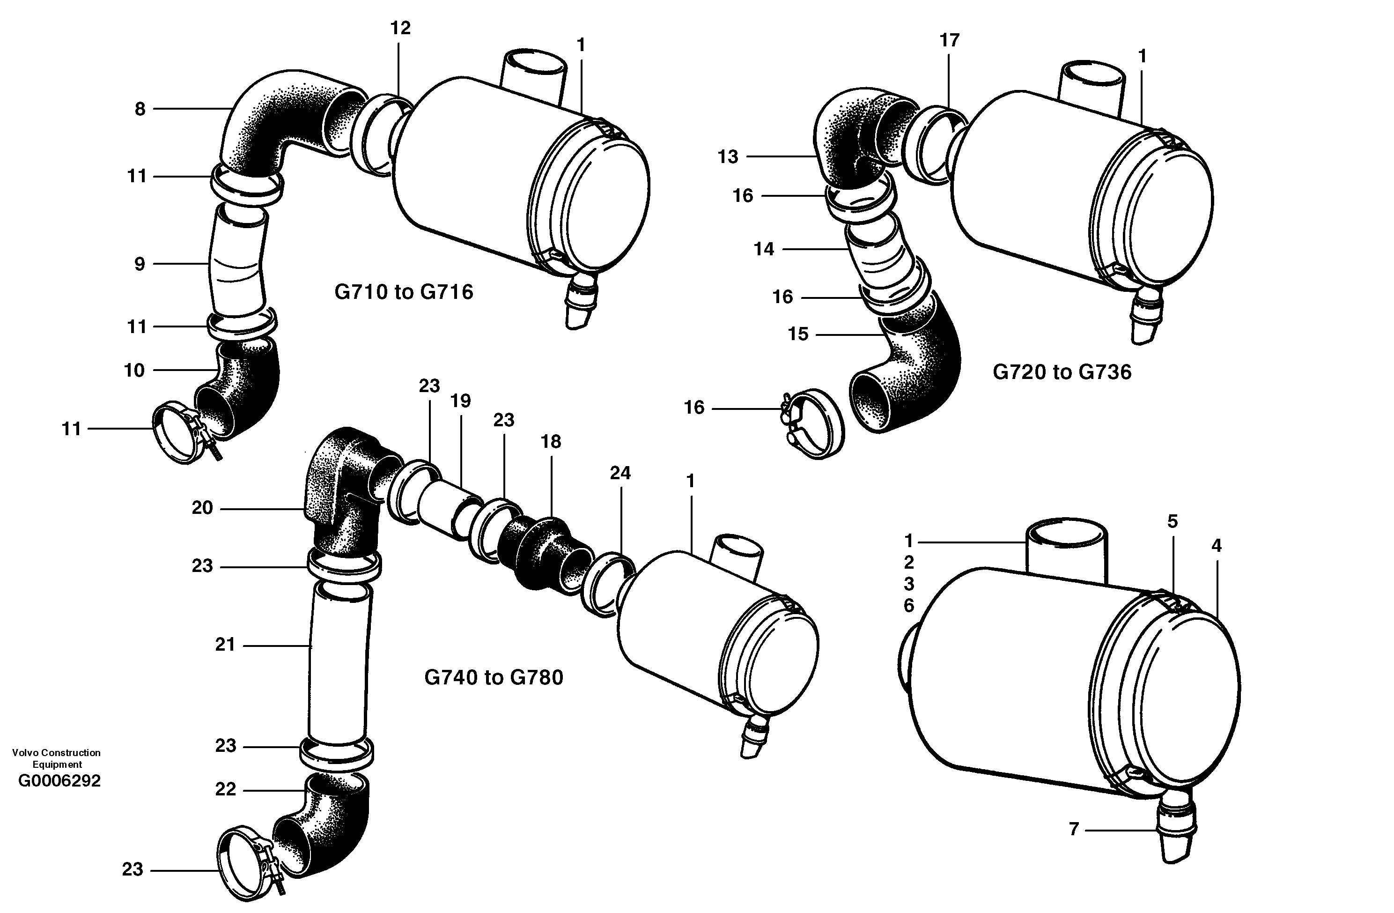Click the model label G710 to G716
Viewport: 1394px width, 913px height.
404,292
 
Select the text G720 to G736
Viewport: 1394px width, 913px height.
1062,372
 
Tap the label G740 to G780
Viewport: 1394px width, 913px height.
493,677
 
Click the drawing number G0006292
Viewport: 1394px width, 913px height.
59,781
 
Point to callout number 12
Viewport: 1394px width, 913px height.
401,28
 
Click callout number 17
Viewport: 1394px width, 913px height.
950,40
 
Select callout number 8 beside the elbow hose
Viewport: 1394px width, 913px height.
140,109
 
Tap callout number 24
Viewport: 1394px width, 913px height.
620,473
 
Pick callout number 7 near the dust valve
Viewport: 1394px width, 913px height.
1074,829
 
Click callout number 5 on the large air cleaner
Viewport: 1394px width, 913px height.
1172,521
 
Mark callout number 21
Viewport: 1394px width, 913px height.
225,645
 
